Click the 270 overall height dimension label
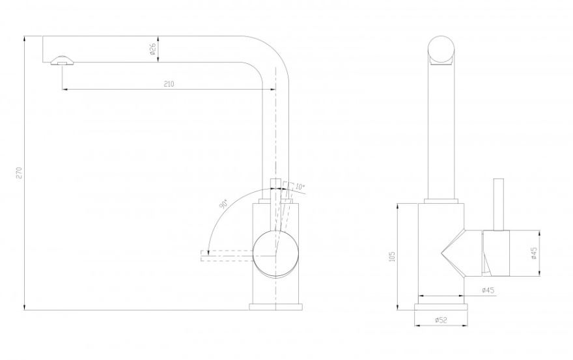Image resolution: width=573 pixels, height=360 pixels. [x=20, y=173]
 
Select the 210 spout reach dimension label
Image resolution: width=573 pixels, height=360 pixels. [x=169, y=84]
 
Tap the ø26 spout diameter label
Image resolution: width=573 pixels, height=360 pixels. [x=153, y=49]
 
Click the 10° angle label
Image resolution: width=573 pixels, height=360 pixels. [x=300, y=187]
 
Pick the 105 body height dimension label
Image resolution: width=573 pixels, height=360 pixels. [x=393, y=256]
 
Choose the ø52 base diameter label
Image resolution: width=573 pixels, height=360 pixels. [x=441, y=320]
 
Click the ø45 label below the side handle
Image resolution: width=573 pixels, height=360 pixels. [x=488, y=290]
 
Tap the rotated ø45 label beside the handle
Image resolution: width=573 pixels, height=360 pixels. [x=534, y=253]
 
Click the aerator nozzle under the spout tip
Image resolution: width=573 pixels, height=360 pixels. [x=62, y=61]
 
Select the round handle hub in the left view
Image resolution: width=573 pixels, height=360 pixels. [x=275, y=255]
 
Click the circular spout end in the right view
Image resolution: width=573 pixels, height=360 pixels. [x=441, y=49]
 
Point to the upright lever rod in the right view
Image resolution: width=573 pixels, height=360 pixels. [x=499, y=204]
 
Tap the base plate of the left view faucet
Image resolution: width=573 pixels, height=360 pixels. [x=275, y=307]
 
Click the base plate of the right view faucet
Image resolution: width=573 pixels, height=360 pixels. [x=441, y=307]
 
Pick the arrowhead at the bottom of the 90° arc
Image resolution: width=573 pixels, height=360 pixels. [x=208, y=252]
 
